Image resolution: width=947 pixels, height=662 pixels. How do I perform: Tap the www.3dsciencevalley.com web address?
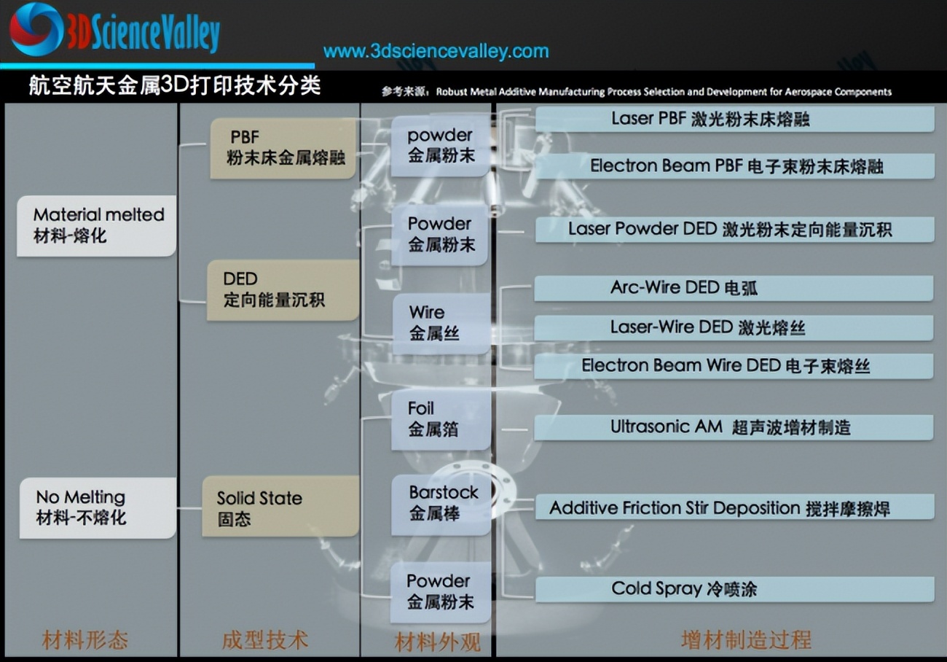pyautogui.click(x=436, y=51)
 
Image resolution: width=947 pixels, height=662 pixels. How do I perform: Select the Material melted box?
pyautogui.click(x=96, y=225)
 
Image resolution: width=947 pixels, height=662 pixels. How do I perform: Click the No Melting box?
pyautogui.click(x=98, y=507)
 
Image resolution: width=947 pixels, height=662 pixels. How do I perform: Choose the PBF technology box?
pyautogui.click(x=283, y=148)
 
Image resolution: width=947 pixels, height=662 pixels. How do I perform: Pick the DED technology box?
pyautogui.click(x=283, y=290)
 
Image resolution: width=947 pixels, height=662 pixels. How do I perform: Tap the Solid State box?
pyautogui.click(x=280, y=506)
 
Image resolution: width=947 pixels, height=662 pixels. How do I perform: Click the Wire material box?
pyautogui.click(x=441, y=324)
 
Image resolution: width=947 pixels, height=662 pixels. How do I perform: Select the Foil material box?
pyautogui.click(x=441, y=420)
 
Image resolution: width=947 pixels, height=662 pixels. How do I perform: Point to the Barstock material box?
pyautogui.click(x=441, y=505)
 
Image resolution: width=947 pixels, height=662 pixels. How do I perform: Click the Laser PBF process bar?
pyautogui.click(x=735, y=119)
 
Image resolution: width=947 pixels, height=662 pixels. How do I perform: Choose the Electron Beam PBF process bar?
pyautogui.click(x=735, y=165)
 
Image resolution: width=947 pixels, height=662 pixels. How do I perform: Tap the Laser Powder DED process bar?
pyautogui.click(x=735, y=230)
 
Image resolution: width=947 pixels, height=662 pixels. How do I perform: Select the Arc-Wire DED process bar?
pyautogui.click(x=734, y=288)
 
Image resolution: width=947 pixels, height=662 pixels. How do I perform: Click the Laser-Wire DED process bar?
pyautogui.click(x=734, y=327)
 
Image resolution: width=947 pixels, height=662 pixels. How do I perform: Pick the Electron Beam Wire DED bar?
pyautogui.click(x=734, y=366)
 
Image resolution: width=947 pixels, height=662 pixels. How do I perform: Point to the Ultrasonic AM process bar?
pyautogui.click(x=734, y=427)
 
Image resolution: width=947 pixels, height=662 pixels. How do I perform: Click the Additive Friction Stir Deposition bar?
pyautogui.click(x=735, y=507)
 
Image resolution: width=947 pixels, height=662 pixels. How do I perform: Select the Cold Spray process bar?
pyautogui.click(x=735, y=589)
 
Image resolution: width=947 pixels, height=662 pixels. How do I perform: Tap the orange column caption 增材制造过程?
pyautogui.click(x=746, y=639)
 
